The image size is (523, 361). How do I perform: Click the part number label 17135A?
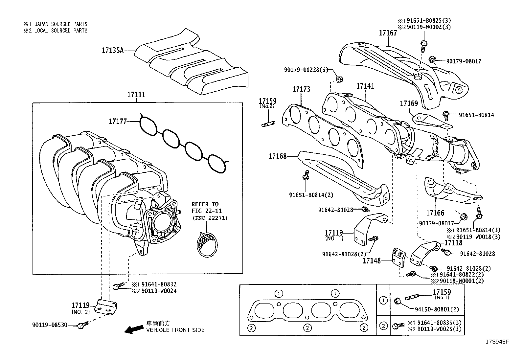pyautogui.click(x=112, y=51)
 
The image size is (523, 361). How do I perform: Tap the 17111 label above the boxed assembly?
pyautogui.click(x=136, y=95)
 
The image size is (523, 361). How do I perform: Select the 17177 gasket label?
pyautogui.click(x=118, y=122)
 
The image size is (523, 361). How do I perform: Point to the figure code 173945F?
pyautogui.click(x=497, y=342)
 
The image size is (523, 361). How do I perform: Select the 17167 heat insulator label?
pyautogui.click(x=388, y=33)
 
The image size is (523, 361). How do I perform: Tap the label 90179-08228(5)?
pyautogui.click(x=306, y=70)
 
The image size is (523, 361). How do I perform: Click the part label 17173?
pyautogui.click(x=301, y=89)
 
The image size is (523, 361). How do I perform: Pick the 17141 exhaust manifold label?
pyautogui.click(x=365, y=86)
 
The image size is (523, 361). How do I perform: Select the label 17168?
pyautogui.click(x=278, y=156)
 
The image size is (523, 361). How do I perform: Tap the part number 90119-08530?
pyautogui.click(x=50, y=325)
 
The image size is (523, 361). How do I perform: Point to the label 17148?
pyautogui.click(x=372, y=261)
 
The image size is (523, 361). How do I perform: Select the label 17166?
pyautogui.click(x=435, y=213)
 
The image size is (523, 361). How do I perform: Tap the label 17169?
pyautogui.click(x=409, y=104)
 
